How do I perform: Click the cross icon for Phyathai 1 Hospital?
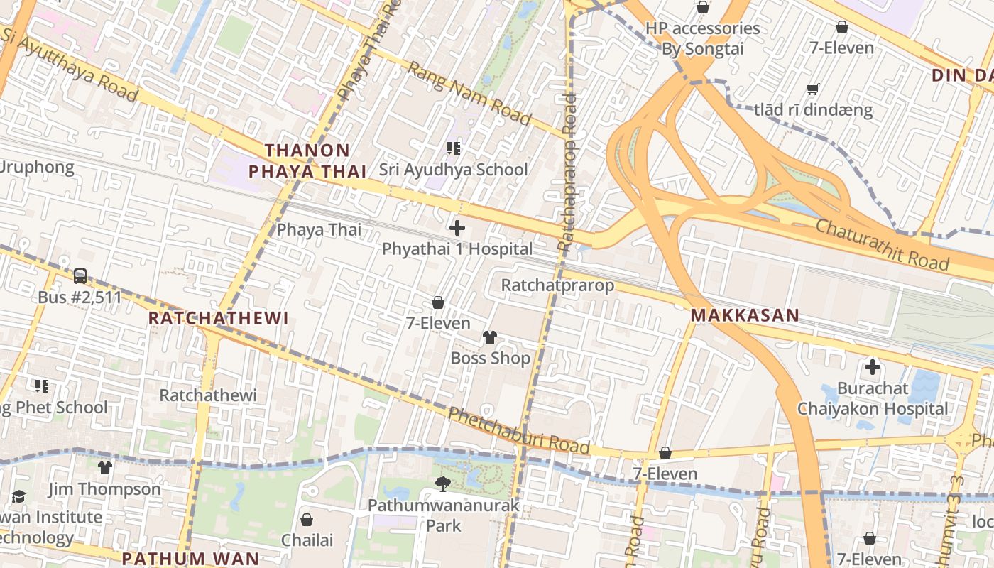(x=457, y=228)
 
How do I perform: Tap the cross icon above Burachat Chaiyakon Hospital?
(x=872, y=367)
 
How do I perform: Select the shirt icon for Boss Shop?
(x=489, y=337)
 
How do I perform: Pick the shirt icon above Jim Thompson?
(x=105, y=467)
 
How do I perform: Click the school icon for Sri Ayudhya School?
(x=454, y=148)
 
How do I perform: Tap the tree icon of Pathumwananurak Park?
(x=443, y=484)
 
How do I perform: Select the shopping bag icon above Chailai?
(x=307, y=520)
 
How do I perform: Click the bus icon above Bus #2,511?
(x=80, y=275)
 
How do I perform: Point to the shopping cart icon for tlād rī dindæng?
(x=813, y=89)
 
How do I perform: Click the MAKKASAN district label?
(x=745, y=315)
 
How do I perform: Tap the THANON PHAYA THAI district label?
(x=307, y=160)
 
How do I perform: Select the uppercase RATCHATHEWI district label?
(x=218, y=318)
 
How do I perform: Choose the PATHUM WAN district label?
(x=190, y=558)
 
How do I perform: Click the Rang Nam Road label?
(x=469, y=93)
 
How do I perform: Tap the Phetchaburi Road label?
(x=519, y=430)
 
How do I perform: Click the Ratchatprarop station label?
(x=557, y=285)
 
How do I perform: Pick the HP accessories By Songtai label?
(x=702, y=38)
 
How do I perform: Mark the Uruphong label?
(x=37, y=168)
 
